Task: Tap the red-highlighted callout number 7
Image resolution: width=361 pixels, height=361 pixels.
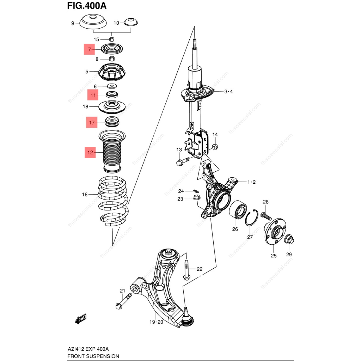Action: click(89, 49)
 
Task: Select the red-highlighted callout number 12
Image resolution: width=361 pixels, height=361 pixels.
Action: click(90, 153)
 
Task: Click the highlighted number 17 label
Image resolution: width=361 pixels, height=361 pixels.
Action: click(92, 123)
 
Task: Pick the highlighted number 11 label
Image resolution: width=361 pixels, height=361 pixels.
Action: click(93, 95)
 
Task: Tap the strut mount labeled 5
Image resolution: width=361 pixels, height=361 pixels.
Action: click(112, 72)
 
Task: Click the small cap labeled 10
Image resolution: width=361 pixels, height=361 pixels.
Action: click(131, 22)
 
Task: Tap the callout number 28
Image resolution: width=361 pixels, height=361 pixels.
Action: click(265, 202)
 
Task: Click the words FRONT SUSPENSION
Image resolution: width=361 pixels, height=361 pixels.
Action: click(93, 356)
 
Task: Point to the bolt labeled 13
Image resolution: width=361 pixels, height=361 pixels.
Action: click(182, 161)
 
